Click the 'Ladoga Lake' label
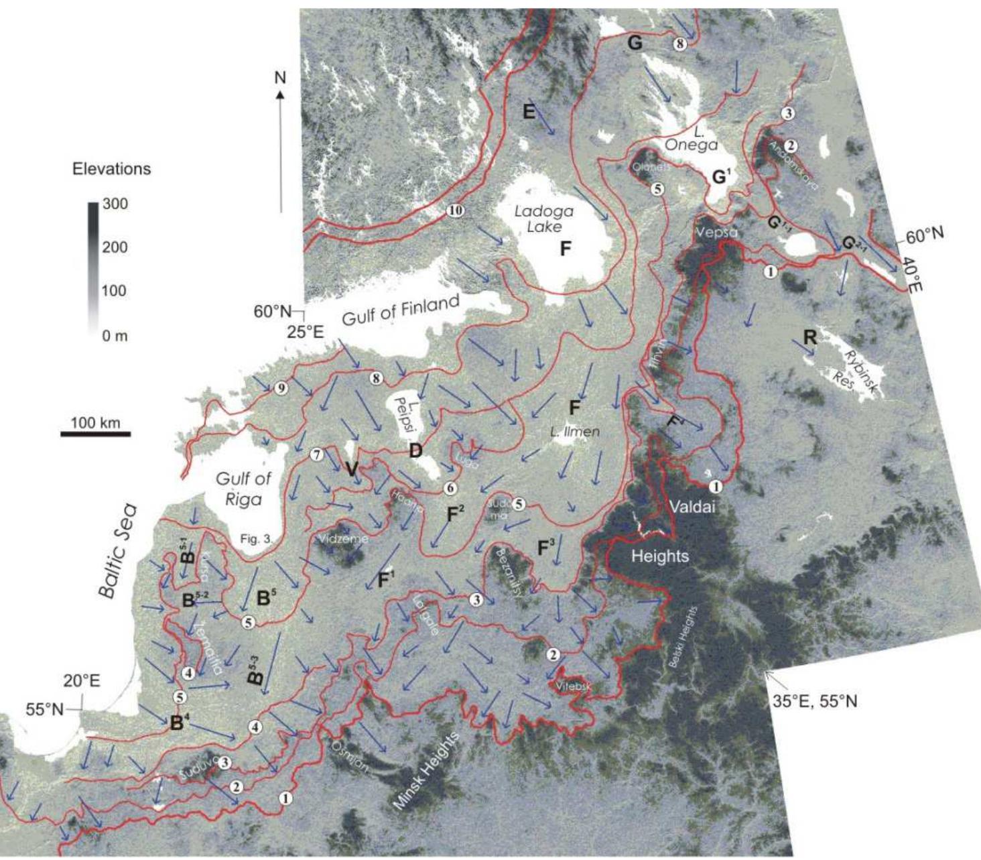click(x=543, y=219)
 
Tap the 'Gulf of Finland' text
click(x=401, y=310)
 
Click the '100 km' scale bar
click(x=96, y=434)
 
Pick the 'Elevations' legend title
click(x=111, y=168)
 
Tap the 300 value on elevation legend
click(x=115, y=204)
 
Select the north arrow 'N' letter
click(x=280, y=78)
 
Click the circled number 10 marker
click(x=455, y=210)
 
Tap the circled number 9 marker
click(x=281, y=388)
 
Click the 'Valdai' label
click(x=692, y=507)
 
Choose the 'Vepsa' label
click(x=716, y=232)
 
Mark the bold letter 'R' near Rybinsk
click(x=810, y=337)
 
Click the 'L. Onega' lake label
click(x=691, y=137)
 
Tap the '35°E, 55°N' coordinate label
click(x=814, y=702)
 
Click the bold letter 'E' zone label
click(x=529, y=113)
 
